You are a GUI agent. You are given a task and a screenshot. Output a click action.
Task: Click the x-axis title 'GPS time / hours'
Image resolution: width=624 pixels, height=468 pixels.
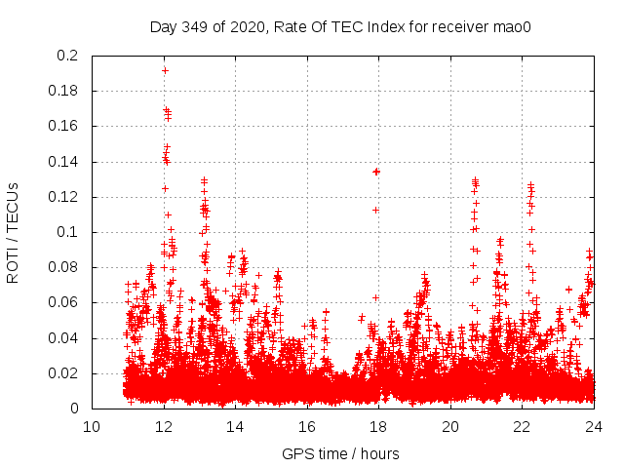tap(340, 453)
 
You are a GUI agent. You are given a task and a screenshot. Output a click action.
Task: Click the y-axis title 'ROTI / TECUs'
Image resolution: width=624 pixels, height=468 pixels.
tap(13, 232)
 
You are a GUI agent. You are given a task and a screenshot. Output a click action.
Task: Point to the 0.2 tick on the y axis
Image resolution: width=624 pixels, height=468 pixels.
tap(67, 56)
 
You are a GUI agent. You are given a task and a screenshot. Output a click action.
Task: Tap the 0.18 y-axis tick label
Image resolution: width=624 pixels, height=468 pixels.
tap(64, 91)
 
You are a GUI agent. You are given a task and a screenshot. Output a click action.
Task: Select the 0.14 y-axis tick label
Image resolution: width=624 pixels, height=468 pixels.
tap(64, 162)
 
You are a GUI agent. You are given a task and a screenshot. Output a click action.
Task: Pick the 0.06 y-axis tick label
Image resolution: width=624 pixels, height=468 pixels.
tap(64, 303)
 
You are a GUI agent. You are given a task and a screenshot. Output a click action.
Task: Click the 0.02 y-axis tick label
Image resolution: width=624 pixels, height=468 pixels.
tap(64, 373)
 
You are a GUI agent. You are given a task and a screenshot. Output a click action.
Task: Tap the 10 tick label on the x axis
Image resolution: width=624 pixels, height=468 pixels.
tap(92, 426)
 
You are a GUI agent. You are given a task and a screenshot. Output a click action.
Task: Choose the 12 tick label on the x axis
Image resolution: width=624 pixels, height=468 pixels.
tap(164, 426)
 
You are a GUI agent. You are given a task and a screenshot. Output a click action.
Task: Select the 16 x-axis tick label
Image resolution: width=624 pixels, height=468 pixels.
tap(307, 426)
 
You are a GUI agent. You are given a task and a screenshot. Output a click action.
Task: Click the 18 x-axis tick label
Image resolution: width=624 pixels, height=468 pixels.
tap(378, 426)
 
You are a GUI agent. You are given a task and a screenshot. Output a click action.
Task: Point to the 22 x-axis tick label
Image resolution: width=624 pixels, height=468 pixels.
tap(522, 426)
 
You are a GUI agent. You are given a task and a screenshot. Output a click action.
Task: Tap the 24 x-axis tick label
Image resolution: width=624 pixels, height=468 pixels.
tap(593, 426)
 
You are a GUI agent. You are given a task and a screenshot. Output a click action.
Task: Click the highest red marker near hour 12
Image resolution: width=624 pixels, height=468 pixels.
tap(165, 70)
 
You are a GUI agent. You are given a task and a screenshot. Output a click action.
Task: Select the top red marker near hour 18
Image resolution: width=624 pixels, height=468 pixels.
tap(376, 172)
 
